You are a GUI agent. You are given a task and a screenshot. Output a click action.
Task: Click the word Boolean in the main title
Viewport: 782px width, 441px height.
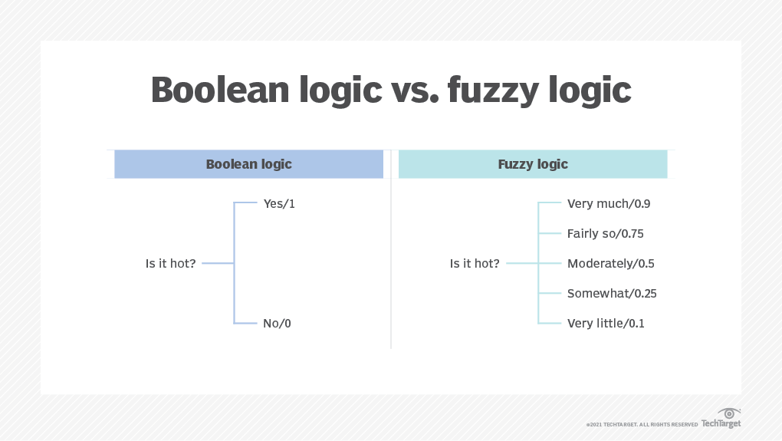tap(220, 90)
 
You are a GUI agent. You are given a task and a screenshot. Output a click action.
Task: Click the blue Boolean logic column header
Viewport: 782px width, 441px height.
tap(249, 164)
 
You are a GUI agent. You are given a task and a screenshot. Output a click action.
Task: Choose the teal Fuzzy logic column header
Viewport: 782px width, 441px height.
tap(533, 164)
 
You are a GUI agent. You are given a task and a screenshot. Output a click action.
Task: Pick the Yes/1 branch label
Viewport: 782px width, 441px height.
tap(279, 203)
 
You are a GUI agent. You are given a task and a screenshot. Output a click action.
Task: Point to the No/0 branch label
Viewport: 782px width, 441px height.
tap(277, 323)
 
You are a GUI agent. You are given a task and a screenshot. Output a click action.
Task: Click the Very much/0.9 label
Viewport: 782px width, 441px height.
tap(609, 203)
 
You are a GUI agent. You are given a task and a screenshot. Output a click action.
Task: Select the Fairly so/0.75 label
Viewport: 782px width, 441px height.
tap(606, 233)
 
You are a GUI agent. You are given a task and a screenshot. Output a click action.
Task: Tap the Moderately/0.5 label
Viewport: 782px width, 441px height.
tap(611, 263)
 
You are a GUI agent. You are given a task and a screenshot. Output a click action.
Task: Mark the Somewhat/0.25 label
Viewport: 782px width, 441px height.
tap(612, 293)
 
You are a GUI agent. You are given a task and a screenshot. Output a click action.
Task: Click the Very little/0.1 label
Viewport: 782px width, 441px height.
tap(606, 323)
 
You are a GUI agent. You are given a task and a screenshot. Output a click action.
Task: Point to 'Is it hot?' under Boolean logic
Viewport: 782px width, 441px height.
tap(170, 263)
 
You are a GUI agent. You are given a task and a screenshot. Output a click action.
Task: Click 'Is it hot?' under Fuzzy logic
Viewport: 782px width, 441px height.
tap(475, 263)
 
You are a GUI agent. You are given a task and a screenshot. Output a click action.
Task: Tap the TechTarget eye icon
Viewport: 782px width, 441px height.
tap(729, 413)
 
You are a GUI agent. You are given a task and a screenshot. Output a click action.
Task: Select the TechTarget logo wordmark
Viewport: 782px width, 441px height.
tap(721, 423)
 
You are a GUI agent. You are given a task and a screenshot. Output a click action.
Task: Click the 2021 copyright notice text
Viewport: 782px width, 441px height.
tap(642, 425)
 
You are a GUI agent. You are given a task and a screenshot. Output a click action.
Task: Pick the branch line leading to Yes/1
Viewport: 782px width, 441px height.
tap(245, 202)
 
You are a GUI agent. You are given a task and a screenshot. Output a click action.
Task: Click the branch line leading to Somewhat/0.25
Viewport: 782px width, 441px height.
tap(550, 293)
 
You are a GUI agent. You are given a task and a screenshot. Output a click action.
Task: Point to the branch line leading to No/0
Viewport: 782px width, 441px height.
tap(245, 323)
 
